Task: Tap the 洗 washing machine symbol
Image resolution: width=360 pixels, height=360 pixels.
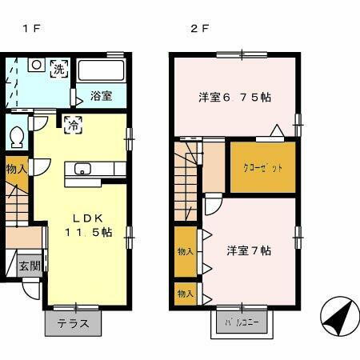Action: coord(59,68)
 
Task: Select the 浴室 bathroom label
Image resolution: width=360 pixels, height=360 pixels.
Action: coord(101,96)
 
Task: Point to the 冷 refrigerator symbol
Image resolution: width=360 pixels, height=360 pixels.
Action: coord(72,124)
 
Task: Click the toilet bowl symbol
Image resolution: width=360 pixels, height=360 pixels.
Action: coord(15,138)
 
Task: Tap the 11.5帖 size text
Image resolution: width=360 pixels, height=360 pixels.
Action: coord(88,232)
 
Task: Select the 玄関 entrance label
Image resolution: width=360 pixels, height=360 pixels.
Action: coord(30,266)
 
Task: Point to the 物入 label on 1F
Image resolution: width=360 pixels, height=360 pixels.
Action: coord(16,169)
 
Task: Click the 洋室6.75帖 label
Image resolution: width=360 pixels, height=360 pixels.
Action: coord(234,98)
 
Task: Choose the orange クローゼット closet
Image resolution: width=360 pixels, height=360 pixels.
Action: coord(263,167)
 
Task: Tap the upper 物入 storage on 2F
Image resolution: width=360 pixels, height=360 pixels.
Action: coord(186,251)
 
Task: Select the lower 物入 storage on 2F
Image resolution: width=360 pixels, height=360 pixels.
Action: coord(186,294)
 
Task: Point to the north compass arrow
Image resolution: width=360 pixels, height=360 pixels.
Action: coord(338,318)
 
